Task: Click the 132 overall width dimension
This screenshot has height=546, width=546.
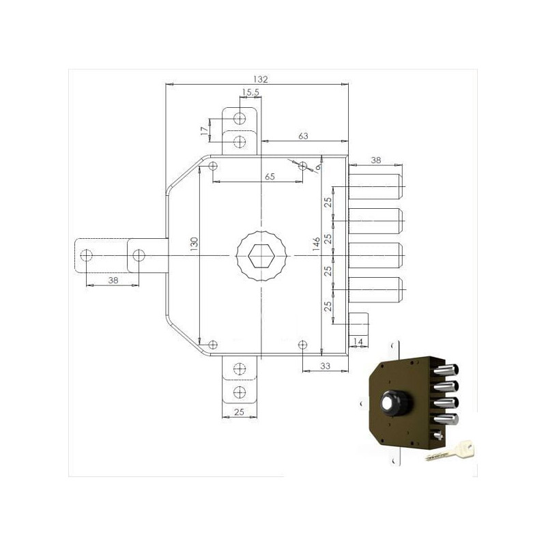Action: (x=260, y=78)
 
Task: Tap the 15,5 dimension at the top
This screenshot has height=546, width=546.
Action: (x=249, y=93)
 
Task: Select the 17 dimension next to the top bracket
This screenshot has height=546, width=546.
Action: (x=204, y=130)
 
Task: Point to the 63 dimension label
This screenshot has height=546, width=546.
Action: (x=303, y=136)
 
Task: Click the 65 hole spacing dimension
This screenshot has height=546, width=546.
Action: (x=270, y=177)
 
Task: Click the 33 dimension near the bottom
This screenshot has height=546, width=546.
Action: (x=325, y=367)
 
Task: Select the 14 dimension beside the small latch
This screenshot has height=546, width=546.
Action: (x=358, y=340)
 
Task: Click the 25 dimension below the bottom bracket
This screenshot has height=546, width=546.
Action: (x=239, y=412)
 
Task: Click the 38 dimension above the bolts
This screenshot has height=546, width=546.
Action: (x=375, y=160)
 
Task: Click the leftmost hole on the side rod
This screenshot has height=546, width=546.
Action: (x=85, y=256)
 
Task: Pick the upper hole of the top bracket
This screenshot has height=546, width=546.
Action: (x=240, y=119)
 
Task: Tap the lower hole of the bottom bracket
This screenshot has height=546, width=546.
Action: (x=239, y=392)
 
